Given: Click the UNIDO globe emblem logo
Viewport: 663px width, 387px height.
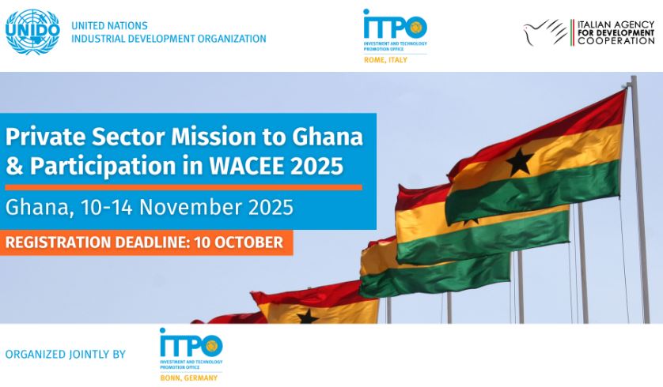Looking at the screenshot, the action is [x=32, y=32].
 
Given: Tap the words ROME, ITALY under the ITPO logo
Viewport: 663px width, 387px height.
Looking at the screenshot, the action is [x=385, y=60].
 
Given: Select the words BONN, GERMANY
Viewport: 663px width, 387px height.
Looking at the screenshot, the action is [x=188, y=378].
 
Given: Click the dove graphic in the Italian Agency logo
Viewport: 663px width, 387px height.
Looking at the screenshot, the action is [x=544, y=32].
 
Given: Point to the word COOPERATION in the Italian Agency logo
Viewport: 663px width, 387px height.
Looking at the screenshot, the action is [x=616, y=41].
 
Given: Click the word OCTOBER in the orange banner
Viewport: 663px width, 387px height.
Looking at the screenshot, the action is [x=248, y=242].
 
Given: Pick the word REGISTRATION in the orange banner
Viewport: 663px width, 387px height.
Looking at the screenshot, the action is [x=58, y=242].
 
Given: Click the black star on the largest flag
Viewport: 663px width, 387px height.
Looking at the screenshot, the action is [x=520, y=162].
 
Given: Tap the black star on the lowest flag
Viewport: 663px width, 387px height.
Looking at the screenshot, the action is [x=308, y=316].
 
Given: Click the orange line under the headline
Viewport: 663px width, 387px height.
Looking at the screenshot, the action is [x=184, y=187].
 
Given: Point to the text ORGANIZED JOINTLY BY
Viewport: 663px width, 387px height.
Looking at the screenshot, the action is [x=66, y=354].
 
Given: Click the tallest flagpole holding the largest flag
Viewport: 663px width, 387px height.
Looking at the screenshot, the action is [x=640, y=199].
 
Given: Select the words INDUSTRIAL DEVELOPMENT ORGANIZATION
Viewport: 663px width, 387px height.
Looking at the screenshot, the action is [x=169, y=39].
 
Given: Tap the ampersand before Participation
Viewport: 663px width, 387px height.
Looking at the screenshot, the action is [x=14, y=166].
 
